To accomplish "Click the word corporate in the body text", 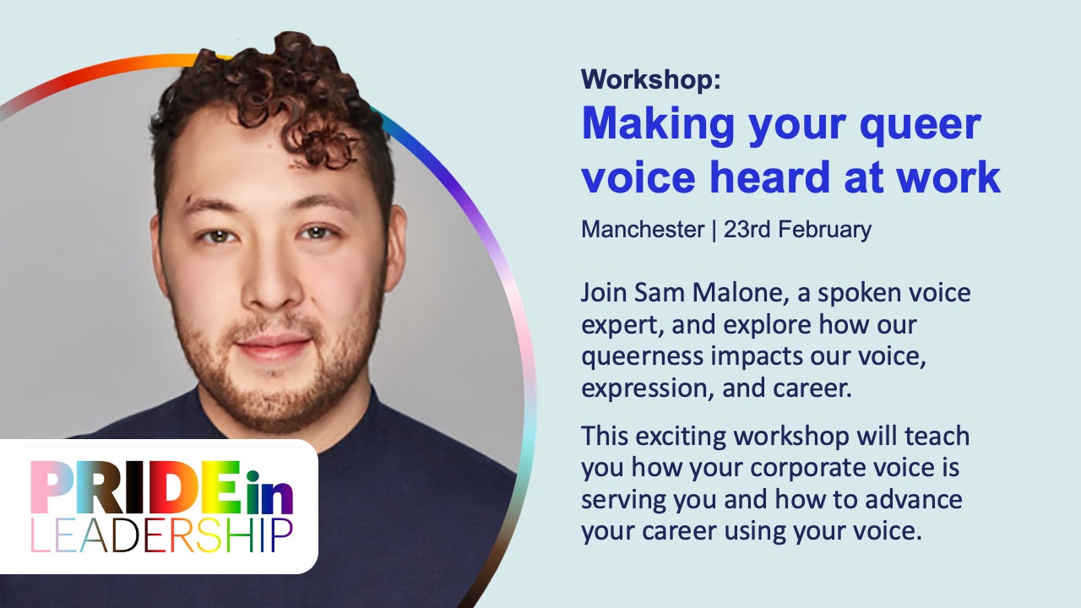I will (x=789, y=468).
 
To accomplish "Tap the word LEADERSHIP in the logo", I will (x=161, y=535).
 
